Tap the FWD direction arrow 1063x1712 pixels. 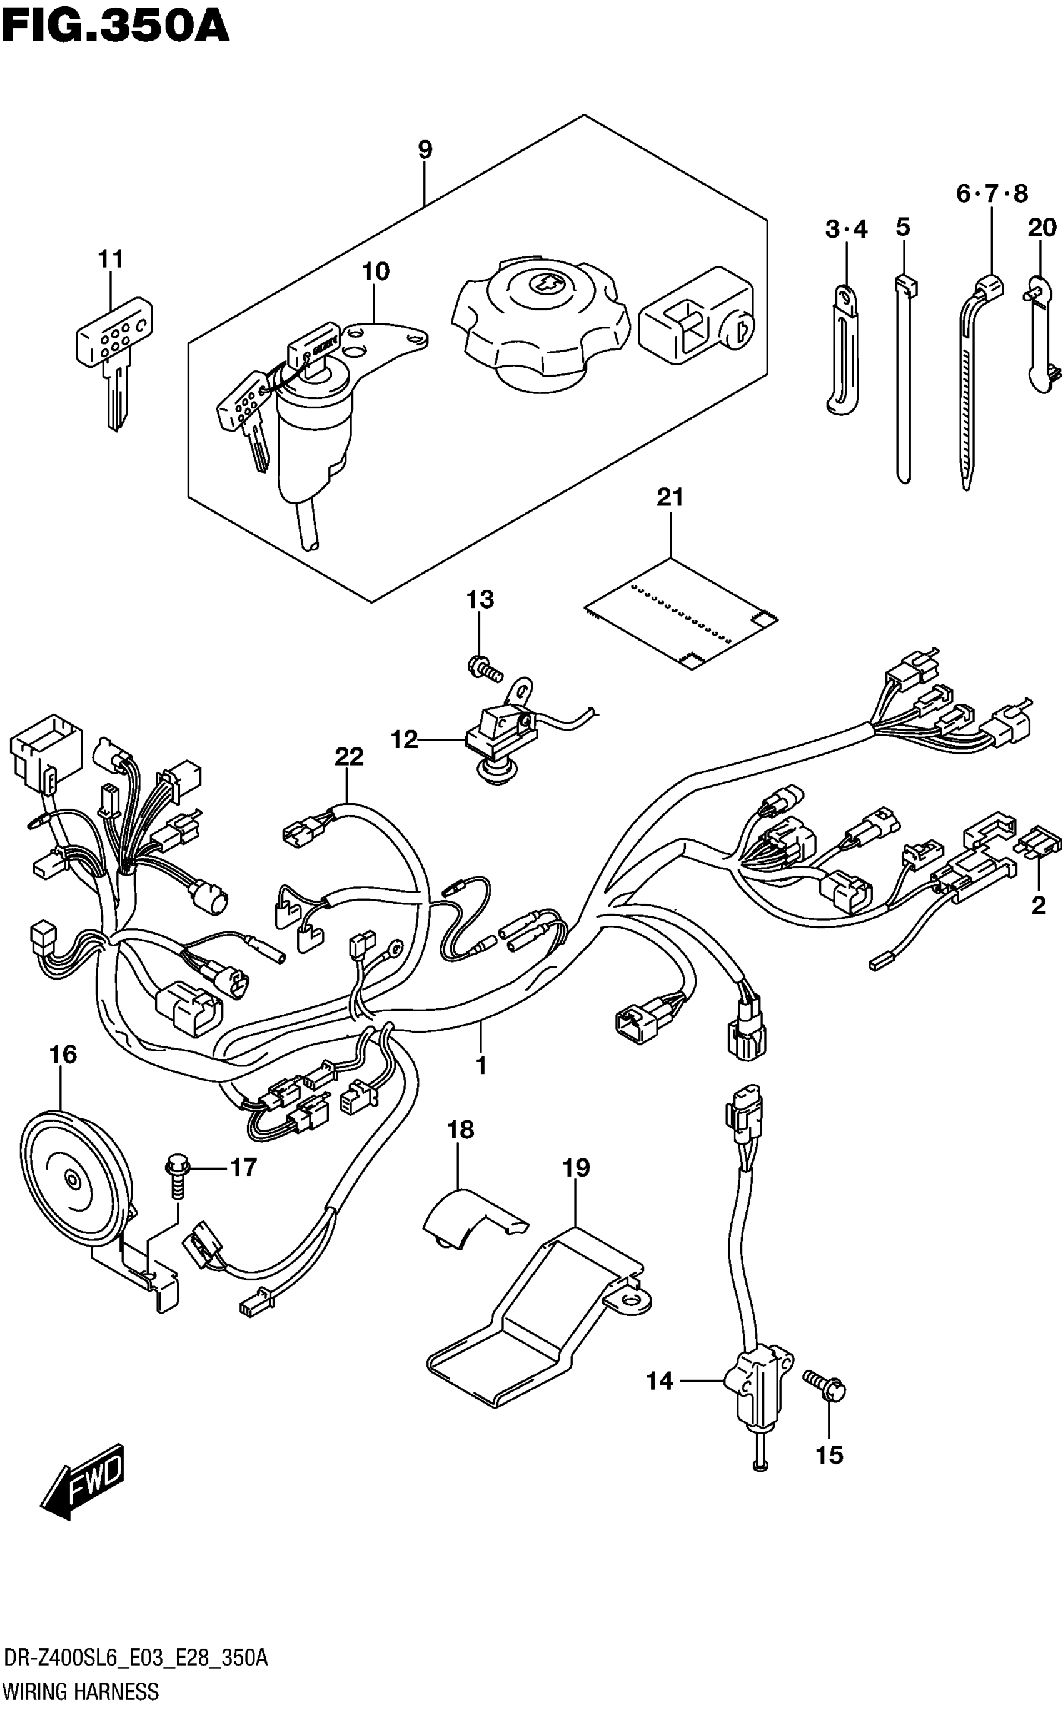tap(83, 1481)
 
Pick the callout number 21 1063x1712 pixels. tap(670, 498)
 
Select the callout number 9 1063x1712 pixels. tap(425, 149)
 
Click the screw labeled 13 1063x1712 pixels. tap(485, 668)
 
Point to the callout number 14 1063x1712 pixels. tap(660, 1382)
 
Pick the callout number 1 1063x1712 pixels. tap(481, 1066)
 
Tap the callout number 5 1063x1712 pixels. tap(904, 227)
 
